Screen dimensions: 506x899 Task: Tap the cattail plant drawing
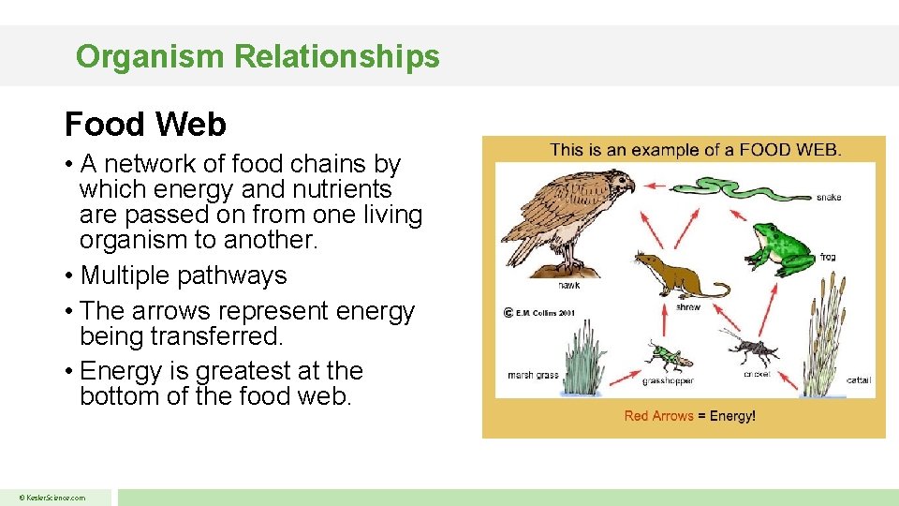click(x=824, y=337)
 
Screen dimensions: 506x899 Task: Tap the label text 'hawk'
click(x=568, y=284)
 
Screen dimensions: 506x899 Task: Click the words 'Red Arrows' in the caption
click(x=658, y=416)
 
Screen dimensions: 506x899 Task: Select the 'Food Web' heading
click(x=145, y=124)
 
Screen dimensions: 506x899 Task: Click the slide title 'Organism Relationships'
click(x=258, y=56)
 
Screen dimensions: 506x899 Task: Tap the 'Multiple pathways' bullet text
click(x=184, y=275)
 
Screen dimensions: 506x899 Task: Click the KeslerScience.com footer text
click(x=53, y=498)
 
